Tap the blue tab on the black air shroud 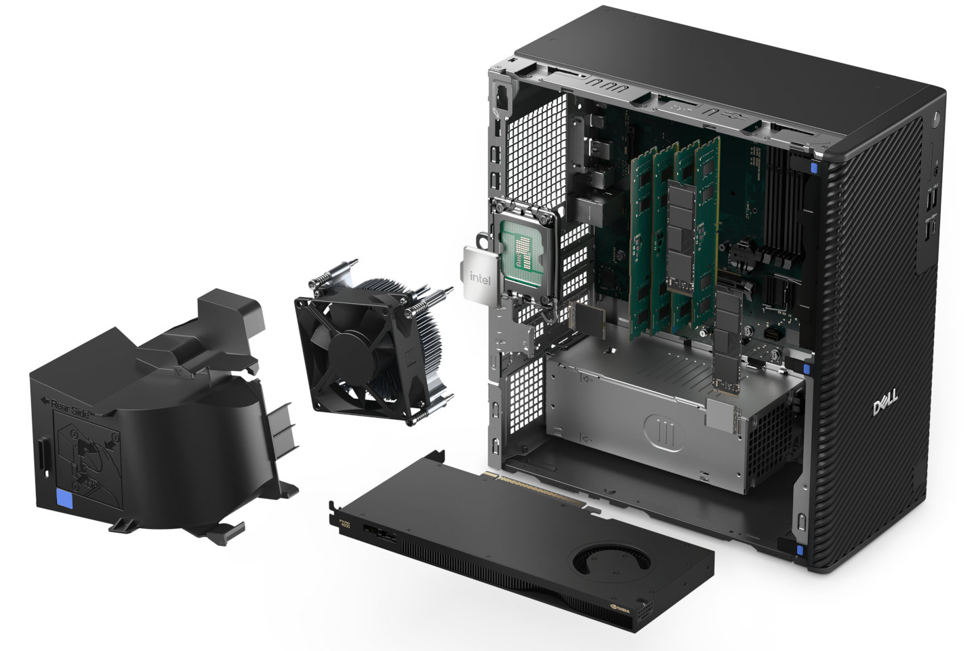(x=66, y=500)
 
